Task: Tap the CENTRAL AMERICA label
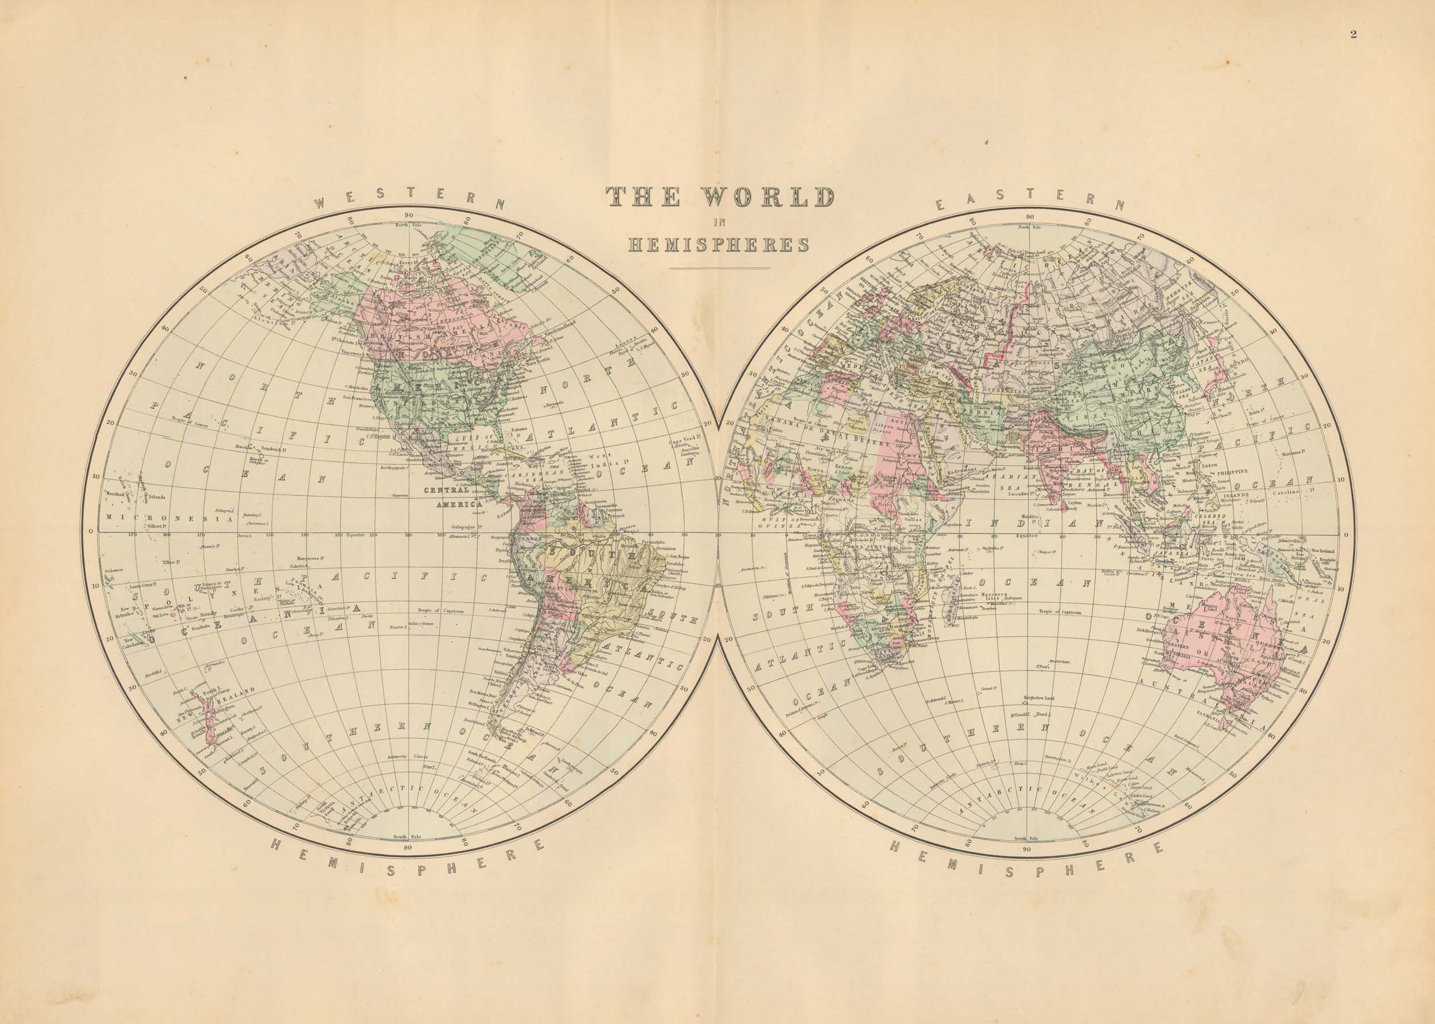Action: tap(457, 497)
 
